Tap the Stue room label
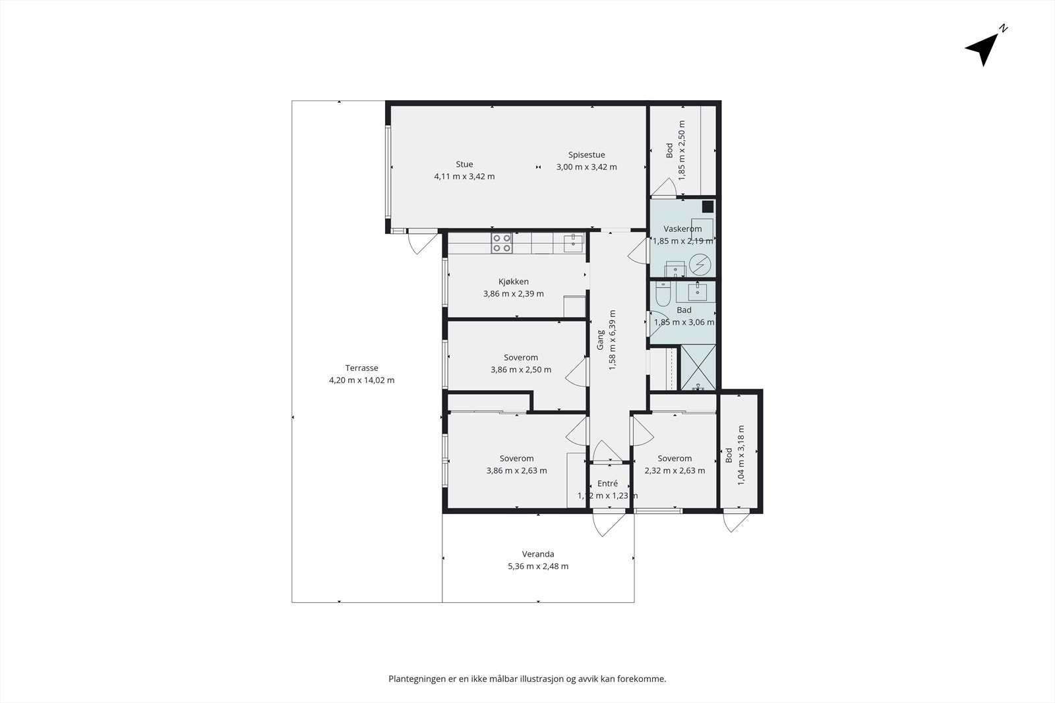click(x=464, y=164)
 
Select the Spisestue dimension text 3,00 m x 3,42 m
click(x=586, y=167)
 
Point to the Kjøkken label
click(x=514, y=281)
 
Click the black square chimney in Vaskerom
click(x=708, y=207)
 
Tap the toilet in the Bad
click(x=663, y=294)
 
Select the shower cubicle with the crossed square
click(x=698, y=367)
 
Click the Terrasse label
click(x=362, y=368)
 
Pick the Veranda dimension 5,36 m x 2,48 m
click(x=538, y=566)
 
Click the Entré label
click(x=607, y=483)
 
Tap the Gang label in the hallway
click(x=601, y=340)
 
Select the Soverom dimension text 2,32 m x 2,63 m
click(x=675, y=470)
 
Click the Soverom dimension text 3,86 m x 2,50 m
click(x=521, y=370)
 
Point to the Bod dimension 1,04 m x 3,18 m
click(x=741, y=455)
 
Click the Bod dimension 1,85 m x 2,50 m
click(x=682, y=150)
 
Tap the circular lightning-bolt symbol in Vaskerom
click(x=700, y=264)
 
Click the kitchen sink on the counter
click(x=574, y=243)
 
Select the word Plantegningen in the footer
click(x=416, y=679)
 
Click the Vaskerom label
click(x=682, y=229)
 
